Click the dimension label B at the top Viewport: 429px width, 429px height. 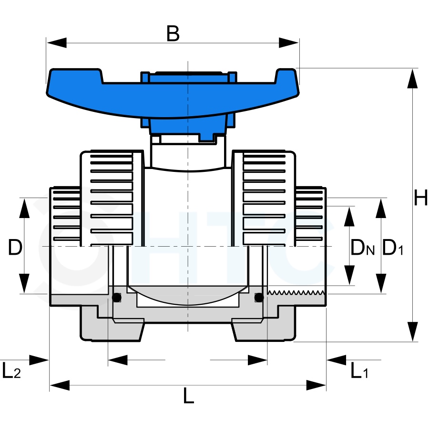173,33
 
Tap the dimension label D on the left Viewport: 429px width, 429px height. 15,247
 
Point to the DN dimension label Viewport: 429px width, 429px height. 362,247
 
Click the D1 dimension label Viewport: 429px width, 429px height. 393,247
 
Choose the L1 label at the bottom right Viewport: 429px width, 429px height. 359,370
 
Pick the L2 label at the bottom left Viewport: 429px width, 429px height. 11,370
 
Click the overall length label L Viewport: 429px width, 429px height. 188,395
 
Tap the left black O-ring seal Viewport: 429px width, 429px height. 117,297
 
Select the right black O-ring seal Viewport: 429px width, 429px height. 259,297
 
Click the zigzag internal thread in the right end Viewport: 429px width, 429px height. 296,292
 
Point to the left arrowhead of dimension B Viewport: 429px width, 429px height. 57,43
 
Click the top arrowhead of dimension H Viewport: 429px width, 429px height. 412,79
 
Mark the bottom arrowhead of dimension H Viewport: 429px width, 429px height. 412,331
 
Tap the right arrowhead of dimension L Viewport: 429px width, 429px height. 316,385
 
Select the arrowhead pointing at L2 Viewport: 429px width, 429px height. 39,360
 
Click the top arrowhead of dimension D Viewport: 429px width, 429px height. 24,208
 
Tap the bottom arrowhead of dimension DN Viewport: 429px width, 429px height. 349,275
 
